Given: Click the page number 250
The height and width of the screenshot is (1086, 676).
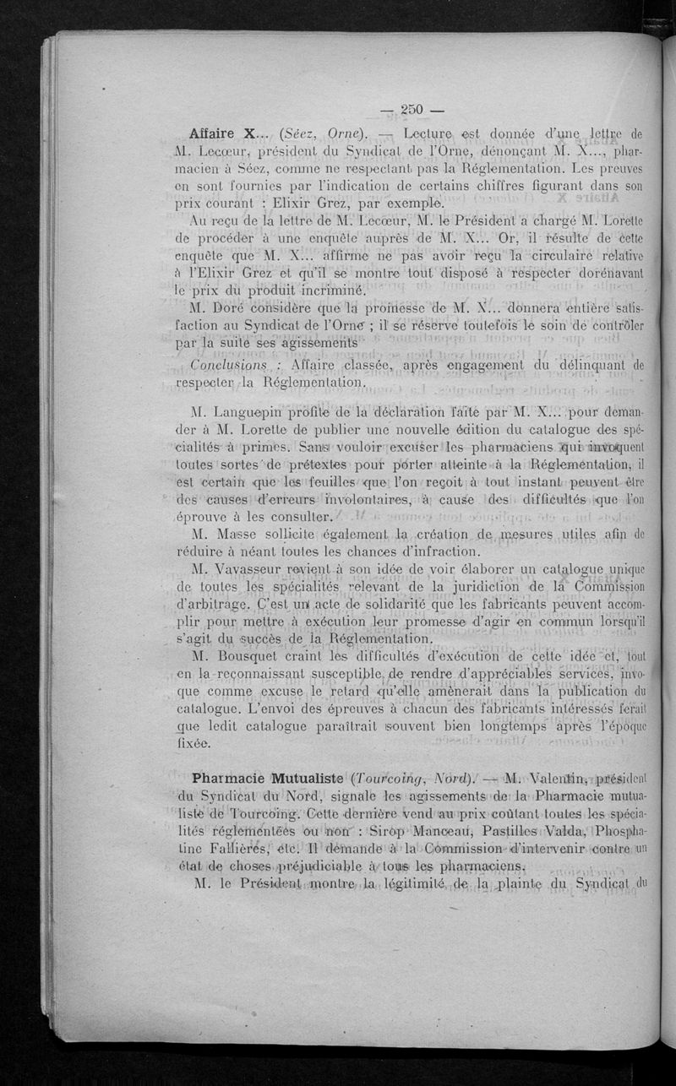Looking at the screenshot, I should coord(412,108).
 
